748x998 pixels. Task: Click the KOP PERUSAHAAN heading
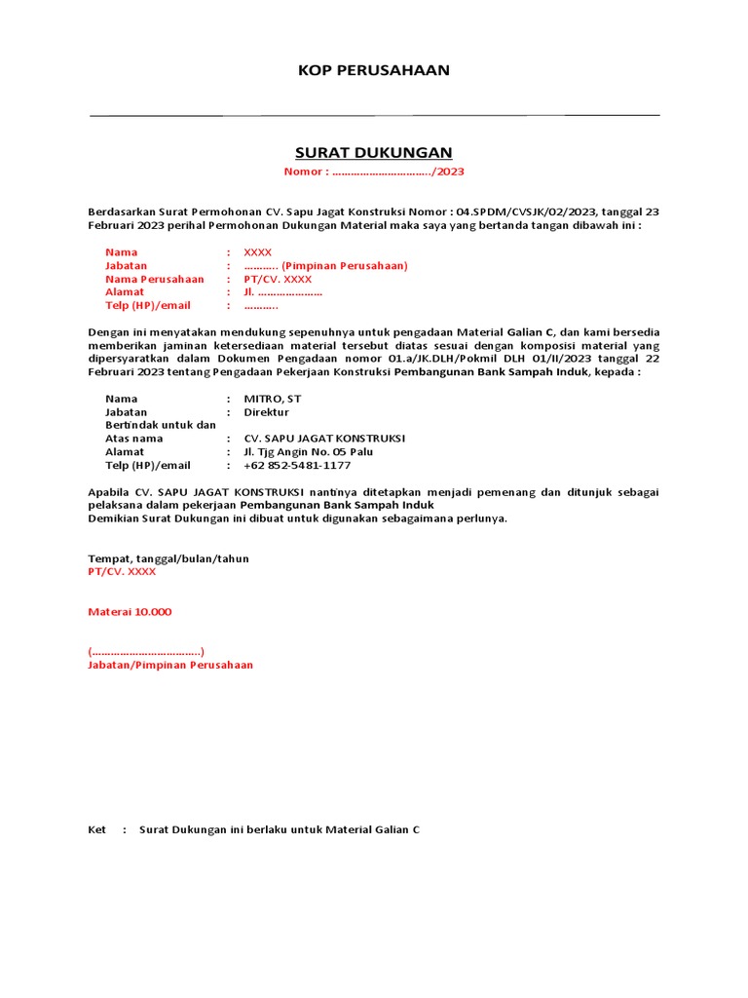(x=374, y=70)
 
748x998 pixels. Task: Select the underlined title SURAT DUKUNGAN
(x=374, y=153)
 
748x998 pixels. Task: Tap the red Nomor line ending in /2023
(x=374, y=172)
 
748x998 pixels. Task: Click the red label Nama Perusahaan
(x=155, y=279)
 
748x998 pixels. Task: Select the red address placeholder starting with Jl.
(x=282, y=292)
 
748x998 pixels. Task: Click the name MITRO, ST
(x=273, y=399)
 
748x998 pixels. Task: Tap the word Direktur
(x=266, y=412)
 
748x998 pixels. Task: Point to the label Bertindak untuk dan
(x=160, y=425)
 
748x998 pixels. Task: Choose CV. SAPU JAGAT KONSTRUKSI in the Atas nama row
(x=324, y=439)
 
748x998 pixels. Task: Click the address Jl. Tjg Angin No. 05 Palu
(x=308, y=452)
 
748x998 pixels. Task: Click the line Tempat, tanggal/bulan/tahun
(x=168, y=558)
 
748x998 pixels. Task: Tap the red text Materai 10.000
(x=130, y=611)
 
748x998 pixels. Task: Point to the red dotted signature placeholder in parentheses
(x=146, y=651)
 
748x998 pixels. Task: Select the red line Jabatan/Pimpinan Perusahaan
(x=170, y=665)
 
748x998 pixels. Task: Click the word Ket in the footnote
(x=96, y=829)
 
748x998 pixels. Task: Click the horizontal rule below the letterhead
(x=374, y=115)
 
